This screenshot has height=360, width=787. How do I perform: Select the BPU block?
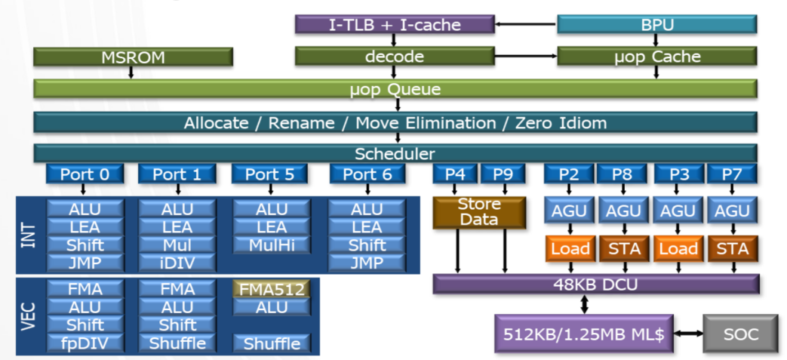tap(656, 25)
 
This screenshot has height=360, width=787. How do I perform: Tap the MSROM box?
tap(133, 57)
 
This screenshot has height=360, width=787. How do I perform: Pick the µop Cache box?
tap(656, 57)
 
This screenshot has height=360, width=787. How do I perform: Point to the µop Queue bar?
tap(395, 90)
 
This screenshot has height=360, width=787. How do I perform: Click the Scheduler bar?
tap(395, 153)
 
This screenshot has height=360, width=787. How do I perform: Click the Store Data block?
tap(479, 212)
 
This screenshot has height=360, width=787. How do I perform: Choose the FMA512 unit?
tap(271, 289)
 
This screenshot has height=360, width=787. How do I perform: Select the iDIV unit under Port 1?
tap(177, 263)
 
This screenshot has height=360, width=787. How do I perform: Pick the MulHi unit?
tap(271, 245)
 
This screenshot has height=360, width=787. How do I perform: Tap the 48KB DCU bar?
tap(595, 285)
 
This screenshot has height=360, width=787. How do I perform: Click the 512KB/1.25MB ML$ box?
tap(579, 333)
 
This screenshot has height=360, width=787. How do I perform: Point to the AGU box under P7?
tap(730, 212)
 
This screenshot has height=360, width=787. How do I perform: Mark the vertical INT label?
tap(29, 235)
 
